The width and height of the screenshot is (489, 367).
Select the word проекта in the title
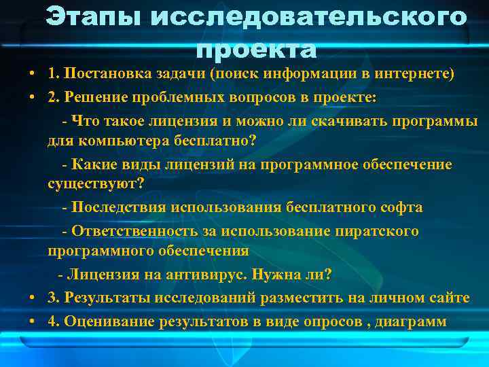pyautogui.click(x=256, y=49)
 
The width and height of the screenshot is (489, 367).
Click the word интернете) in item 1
pyautogui.click(x=416, y=74)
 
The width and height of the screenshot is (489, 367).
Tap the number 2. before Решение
pyautogui.click(x=54, y=97)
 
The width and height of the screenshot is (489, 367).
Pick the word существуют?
pyautogui.click(x=96, y=184)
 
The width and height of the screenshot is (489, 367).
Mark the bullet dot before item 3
pyautogui.click(x=32, y=298)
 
